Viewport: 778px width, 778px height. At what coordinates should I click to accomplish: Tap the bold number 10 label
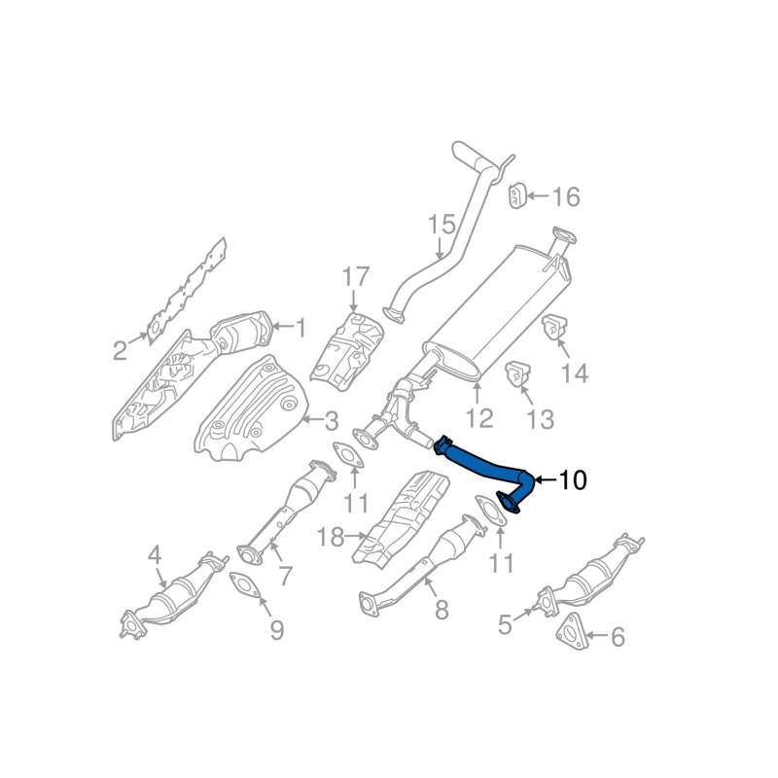point(573,479)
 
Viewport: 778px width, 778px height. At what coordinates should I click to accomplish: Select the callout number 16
point(565,197)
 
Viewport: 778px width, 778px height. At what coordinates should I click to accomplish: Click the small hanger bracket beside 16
point(516,194)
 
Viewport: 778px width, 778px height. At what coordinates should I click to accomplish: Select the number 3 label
point(331,422)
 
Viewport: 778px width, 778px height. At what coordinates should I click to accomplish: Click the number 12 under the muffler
point(479,418)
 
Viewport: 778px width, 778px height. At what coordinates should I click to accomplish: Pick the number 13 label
point(540,419)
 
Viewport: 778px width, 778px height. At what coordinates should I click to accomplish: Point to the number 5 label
point(505,624)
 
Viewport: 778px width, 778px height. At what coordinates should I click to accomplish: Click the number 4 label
point(154,556)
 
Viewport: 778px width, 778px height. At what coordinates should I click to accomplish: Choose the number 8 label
point(442,610)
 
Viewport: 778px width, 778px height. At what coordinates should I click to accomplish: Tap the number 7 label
point(285,576)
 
